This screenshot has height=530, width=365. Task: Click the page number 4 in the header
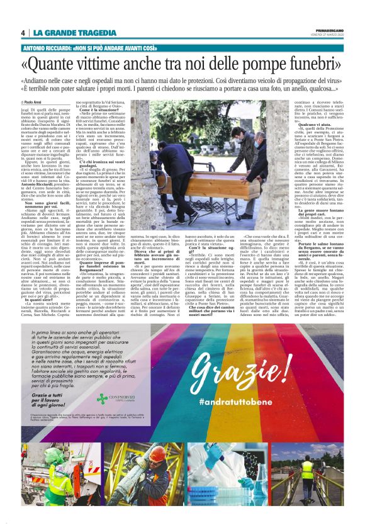coord(23,33)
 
